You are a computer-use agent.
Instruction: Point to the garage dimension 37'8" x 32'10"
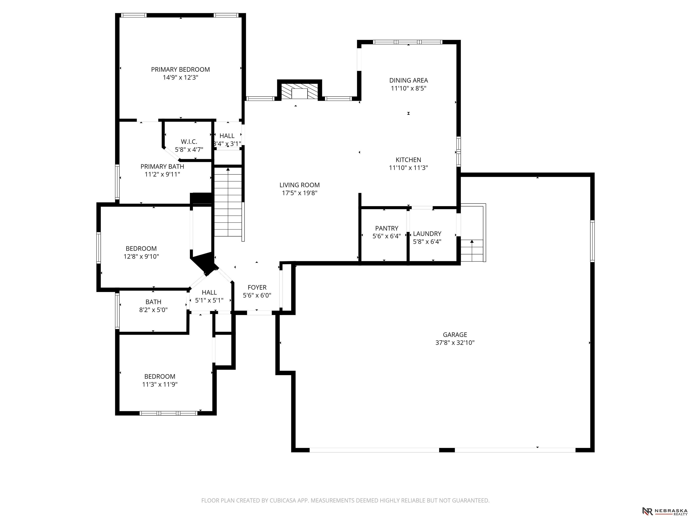click(455, 343)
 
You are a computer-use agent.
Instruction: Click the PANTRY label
click(387, 228)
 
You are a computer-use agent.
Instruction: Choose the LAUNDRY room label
click(427, 234)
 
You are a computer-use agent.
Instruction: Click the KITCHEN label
click(408, 160)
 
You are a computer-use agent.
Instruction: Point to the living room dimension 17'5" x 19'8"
click(300, 193)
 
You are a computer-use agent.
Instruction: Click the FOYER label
click(257, 287)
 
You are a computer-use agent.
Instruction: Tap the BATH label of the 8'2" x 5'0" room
click(153, 302)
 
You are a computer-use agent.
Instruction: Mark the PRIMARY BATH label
click(162, 166)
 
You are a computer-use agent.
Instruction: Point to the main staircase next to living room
click(228, 202)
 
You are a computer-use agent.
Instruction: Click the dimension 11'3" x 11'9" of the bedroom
click(160, 384)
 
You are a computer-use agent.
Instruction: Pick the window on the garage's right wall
click(592, 241)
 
